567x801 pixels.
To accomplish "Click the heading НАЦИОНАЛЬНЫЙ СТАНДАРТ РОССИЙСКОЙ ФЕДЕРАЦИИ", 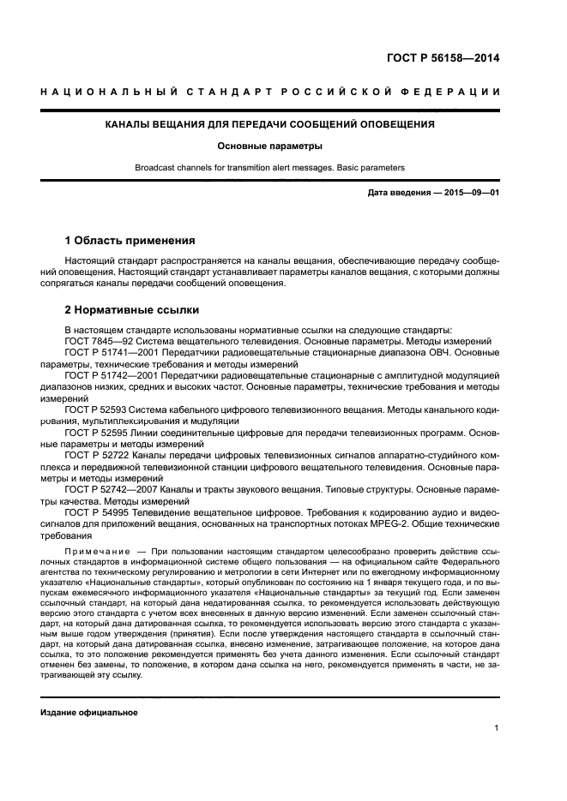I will coord(270,93).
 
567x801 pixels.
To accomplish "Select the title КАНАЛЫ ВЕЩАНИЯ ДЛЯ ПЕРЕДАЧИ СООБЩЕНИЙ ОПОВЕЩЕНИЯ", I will coord(270,124).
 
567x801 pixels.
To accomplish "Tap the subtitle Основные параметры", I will coord(269,146).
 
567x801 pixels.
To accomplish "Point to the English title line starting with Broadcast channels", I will coord(269,168).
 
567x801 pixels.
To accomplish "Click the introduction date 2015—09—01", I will coord(471,193).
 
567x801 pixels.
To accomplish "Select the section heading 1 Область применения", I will coord(130,240).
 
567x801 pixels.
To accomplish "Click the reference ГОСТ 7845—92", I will coord(96,340).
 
